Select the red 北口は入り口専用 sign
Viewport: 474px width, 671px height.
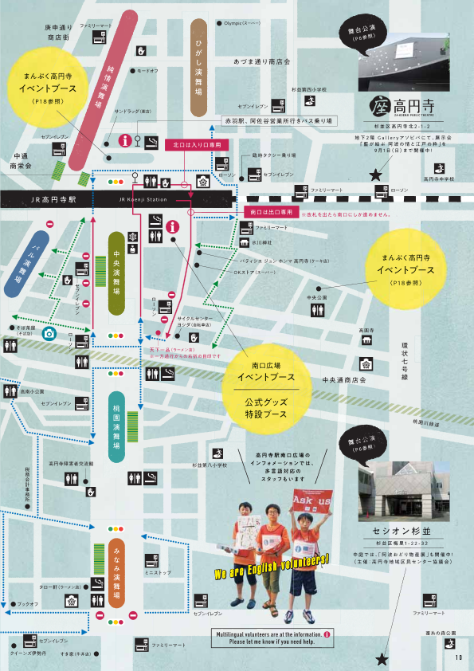[196, 145]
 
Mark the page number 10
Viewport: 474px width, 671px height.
[458, 657]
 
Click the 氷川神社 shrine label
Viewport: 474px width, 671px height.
[262, 241]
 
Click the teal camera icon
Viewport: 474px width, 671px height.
[49, 332]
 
